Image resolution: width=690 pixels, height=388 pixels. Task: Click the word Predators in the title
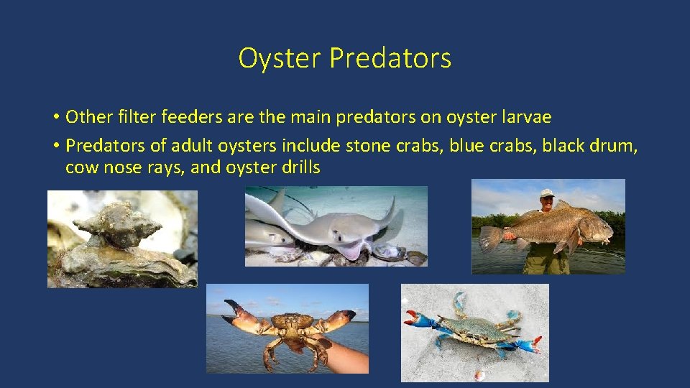click(390, 58)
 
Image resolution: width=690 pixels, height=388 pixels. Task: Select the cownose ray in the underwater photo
click(338, 226)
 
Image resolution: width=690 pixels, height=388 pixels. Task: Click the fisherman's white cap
click(548, 193)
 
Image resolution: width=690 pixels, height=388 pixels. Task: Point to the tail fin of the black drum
click(491, 239)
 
